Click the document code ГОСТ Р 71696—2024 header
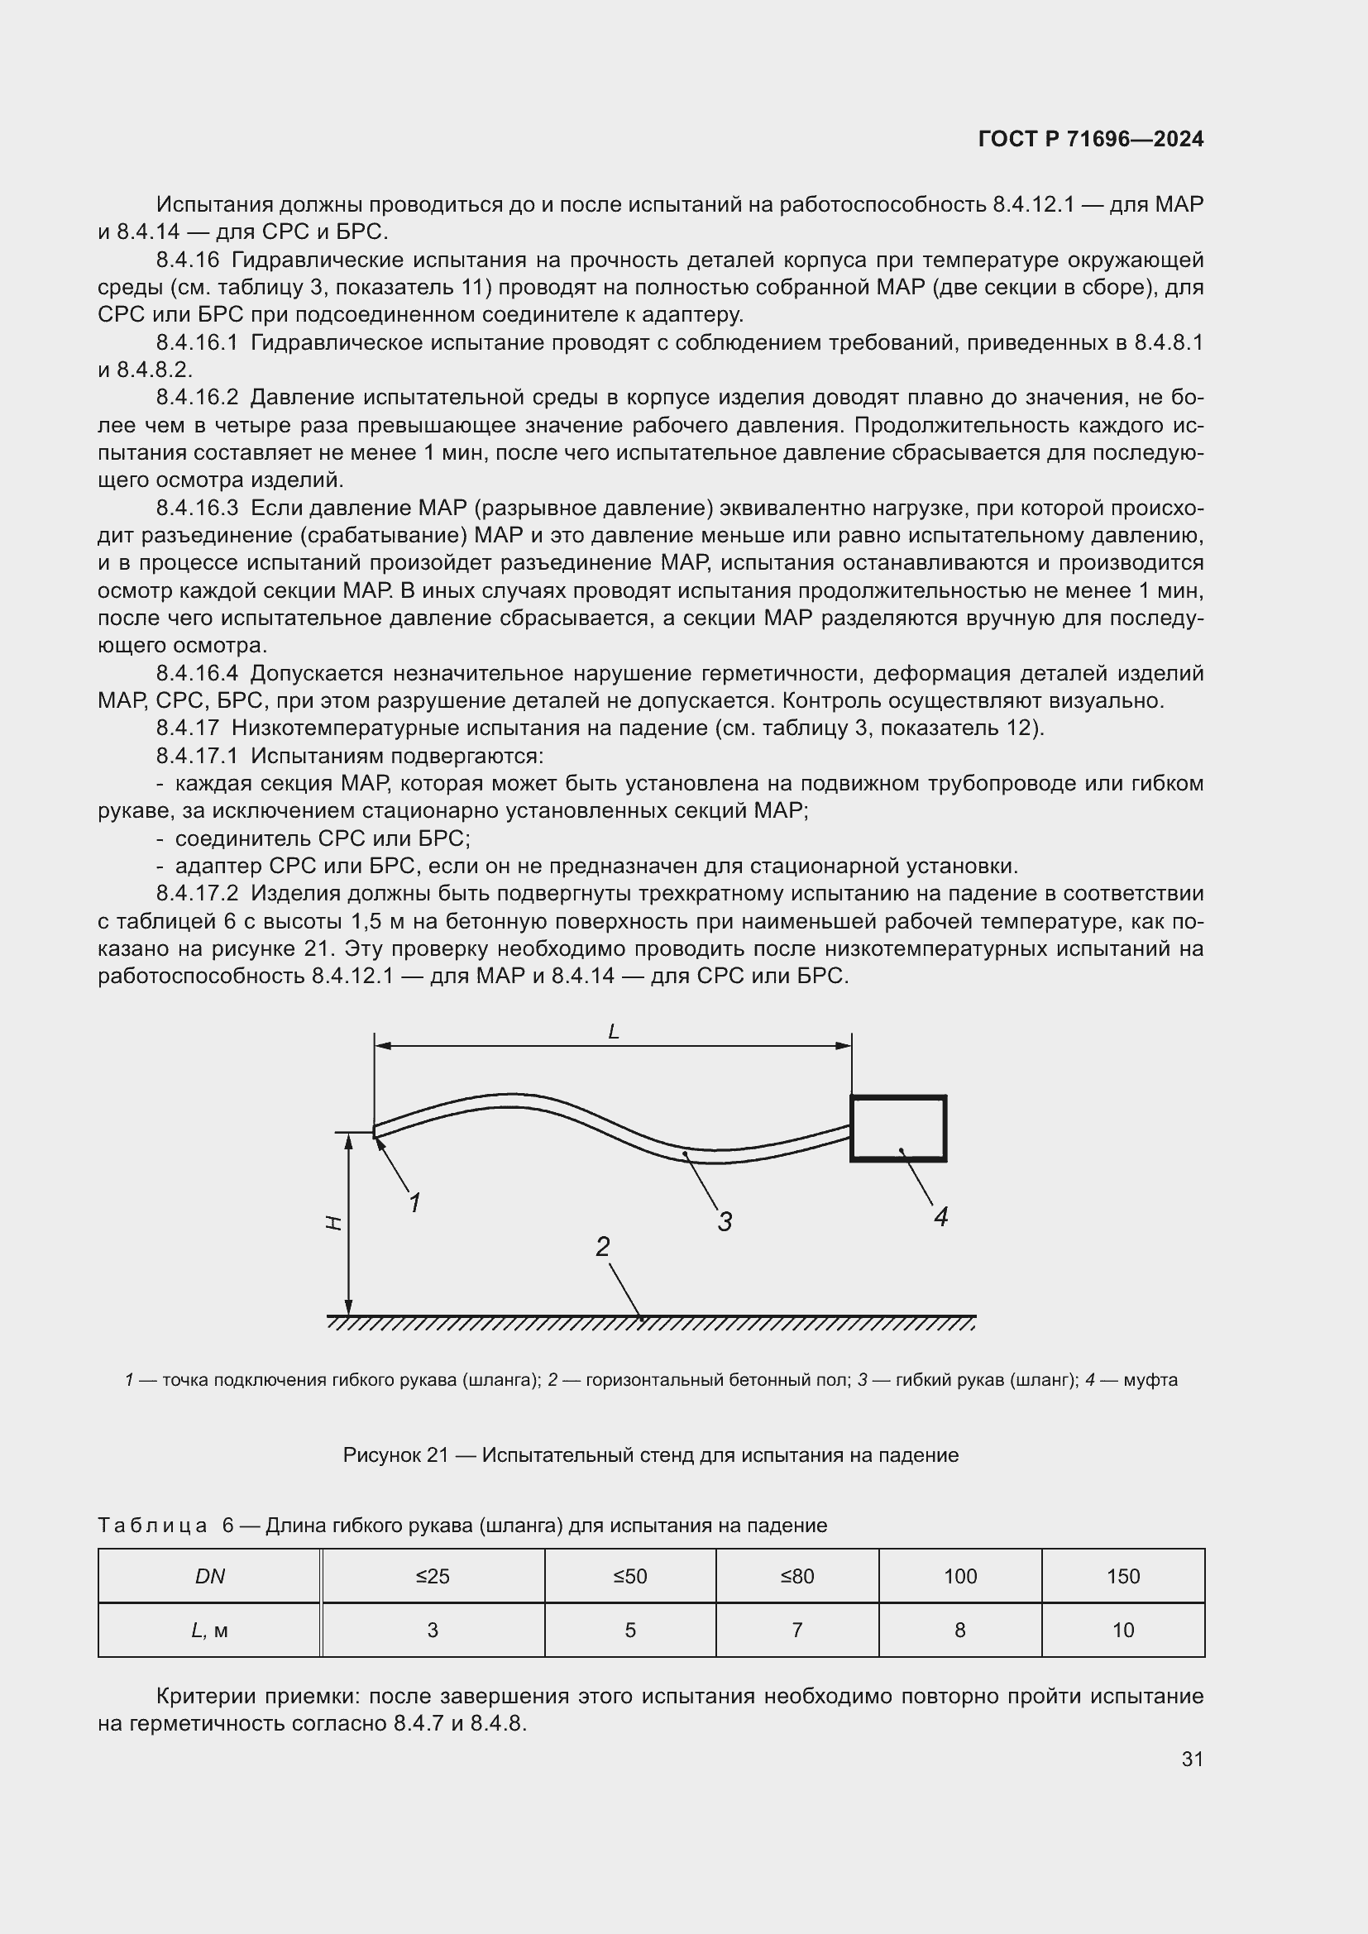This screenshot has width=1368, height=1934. coord(1090,139)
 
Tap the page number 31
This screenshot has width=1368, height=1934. coord(1192,1759)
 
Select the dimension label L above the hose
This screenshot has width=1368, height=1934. coord(613,1031)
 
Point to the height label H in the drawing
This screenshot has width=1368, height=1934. coord(334,1223)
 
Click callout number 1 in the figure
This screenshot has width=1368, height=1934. coord(414,1204)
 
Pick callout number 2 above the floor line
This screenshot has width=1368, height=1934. coord(602,1247)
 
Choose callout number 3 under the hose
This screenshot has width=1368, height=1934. coord(725,1221)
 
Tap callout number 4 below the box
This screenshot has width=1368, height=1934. coord(941,1216)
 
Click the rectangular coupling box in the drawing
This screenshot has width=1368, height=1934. coord(898,1129)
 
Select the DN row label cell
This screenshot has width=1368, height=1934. coord(210,1576)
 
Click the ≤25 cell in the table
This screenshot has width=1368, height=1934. coord(433,1576)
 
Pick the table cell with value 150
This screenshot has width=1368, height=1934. coord(1123,1576)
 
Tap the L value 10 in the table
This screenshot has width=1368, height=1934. coord(1123,1630)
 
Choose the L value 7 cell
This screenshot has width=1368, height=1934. coord(796,1630)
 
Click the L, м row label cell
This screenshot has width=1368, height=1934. coord(210,1630)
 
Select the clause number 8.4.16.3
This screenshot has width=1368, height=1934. coord(197,508)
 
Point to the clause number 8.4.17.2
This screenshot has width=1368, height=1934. coord(197,894)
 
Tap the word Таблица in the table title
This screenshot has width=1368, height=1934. coord(152,1526)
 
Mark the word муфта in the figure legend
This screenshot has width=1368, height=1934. coord(1150,1380)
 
